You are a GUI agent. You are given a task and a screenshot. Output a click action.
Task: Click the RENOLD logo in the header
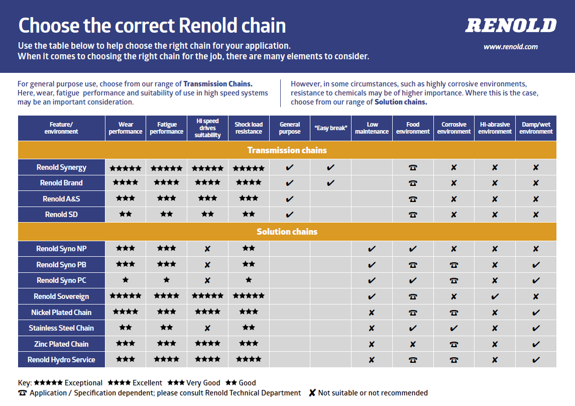pos(511,25)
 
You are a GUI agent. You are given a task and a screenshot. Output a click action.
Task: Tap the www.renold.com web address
pos(510,47)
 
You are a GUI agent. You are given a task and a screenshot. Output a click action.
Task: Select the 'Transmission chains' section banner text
pos(287,150)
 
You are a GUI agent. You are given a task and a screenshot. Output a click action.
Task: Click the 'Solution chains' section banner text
pos(287,232)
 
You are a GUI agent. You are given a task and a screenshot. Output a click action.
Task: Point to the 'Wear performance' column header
pos(126,128)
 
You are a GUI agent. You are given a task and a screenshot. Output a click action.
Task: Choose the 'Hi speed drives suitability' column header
pos(207,128)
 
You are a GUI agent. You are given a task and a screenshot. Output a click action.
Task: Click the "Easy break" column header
pos(331,128)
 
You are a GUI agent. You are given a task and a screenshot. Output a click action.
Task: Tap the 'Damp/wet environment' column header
pos(536,128)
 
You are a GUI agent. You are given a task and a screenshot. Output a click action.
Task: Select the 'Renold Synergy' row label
pos(61,168)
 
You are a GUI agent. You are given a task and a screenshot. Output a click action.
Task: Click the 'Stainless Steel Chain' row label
pos(61,328)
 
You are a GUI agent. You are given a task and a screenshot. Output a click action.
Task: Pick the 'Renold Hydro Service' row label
pos(61,360)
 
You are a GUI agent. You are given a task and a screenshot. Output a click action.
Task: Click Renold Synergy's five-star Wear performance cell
pos(126,168)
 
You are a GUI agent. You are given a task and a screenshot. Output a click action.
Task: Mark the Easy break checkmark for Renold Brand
pos(330,182)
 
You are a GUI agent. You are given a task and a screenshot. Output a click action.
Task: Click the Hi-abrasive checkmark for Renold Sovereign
pos(495,296)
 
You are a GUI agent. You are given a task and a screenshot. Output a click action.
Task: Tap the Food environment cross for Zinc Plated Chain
pos(413,344)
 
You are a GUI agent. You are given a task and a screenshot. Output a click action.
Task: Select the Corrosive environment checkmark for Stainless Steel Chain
pos(453,328)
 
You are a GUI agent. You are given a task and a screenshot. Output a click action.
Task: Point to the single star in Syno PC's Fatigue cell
pos(167,280)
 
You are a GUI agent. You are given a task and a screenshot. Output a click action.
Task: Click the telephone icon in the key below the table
pos(23,393)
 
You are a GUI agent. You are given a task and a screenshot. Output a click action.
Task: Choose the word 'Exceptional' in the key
pos(83,383)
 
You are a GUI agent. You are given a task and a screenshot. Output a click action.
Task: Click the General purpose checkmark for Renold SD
pos(289,215)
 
